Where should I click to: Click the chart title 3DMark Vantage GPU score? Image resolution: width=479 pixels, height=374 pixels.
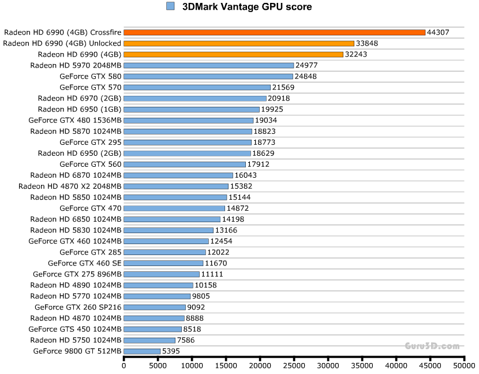pos(246,7)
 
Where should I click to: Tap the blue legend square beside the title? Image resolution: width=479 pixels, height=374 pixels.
pos(170,6)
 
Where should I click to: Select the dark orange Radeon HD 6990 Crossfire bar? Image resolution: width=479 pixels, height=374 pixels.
pos(274,32)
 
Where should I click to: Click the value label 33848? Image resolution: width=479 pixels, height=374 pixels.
pos(367,43)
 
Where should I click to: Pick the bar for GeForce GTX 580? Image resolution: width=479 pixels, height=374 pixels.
pos(208,76)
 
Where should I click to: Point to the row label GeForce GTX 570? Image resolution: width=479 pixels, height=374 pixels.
pos(90,87)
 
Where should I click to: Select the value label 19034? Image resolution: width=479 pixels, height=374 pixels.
pos(267,120)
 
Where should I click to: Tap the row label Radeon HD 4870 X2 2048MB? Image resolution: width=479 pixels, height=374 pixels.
pos(70,186)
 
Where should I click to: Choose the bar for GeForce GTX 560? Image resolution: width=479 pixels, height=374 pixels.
pos(185,164)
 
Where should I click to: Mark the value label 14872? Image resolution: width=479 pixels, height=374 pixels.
pos(238,208)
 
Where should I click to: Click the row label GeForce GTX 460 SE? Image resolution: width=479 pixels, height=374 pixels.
pos(85,263)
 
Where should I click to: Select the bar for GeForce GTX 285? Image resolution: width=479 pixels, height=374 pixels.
pos(164,252)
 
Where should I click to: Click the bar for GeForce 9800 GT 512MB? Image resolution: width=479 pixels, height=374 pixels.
pos(142,350)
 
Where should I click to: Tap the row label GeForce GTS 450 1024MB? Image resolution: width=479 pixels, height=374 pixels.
pos(75,328)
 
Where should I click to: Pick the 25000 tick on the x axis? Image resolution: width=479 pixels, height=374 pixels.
pos(294,365)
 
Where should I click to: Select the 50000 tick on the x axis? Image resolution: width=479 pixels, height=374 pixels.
pos(464,365)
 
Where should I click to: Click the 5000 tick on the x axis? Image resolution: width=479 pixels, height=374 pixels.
pos(158,365)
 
